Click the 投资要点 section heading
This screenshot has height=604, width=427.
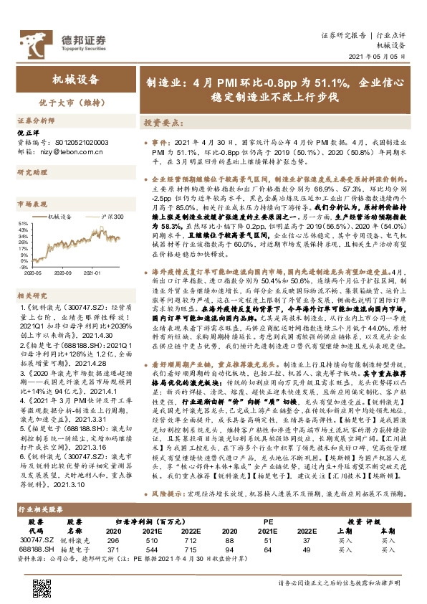click(x=159, y=123)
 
